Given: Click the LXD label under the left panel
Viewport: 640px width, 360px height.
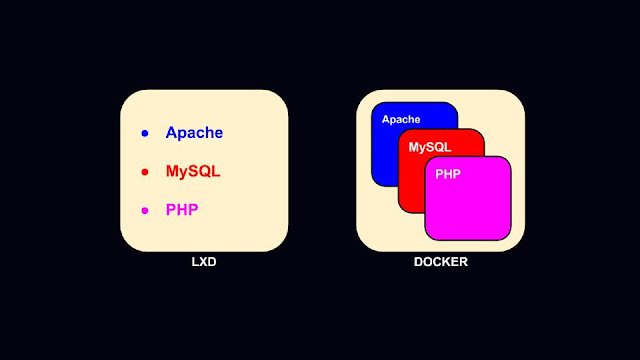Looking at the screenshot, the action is (204, 262).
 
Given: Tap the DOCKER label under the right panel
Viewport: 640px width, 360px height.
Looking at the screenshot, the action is (441, 262).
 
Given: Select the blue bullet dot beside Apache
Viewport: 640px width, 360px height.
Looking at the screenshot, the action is (145, 133).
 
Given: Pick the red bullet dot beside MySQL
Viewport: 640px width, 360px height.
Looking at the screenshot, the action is (145, 172).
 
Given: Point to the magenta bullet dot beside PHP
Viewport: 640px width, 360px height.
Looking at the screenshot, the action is (145, 211).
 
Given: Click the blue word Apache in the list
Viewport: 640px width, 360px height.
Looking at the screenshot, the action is (194, 133).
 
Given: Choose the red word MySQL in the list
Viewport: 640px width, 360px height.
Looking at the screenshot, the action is (193, 171).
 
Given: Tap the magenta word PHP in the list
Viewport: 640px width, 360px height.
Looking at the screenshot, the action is (182, 210).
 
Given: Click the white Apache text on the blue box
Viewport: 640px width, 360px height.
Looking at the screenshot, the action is (401, 120).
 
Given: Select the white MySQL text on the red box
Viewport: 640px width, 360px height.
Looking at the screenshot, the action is (430, 147).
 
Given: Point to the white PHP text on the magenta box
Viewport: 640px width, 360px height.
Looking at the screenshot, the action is (448, 174).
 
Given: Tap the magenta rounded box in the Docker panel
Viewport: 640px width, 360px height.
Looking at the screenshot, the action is (468, 198).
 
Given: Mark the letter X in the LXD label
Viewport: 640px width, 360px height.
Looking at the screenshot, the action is (203, 262).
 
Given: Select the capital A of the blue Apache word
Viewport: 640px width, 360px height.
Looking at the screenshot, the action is (172, 132).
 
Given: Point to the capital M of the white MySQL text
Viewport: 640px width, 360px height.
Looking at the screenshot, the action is (414, 147).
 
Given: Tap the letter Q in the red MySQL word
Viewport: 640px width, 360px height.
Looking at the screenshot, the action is (202, 171).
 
